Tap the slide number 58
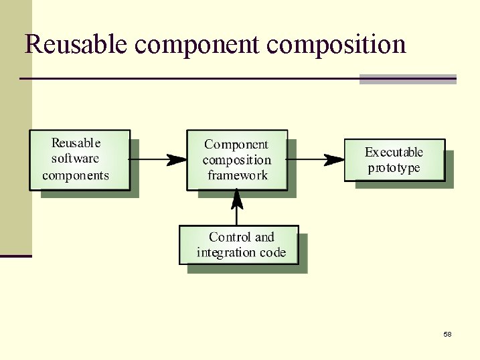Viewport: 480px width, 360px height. (447, 334)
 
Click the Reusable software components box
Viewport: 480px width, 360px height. (80, 160)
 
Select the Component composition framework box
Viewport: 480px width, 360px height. (237, 160)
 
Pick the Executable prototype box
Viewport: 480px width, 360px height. (394, 160)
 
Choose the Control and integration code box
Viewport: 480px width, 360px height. (239, 245)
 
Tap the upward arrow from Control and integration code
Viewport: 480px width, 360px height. (236, 207)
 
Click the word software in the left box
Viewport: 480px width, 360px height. (75, 159)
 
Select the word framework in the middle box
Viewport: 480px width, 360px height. (237, 176)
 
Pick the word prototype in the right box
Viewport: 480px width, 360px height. (394, 168)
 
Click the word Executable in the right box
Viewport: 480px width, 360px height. (394, 153)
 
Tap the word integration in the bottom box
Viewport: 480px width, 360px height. (226, 253)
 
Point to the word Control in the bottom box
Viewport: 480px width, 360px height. (230, 237)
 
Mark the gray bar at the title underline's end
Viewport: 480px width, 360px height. (408, 79)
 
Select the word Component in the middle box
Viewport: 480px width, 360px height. (236, 145)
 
